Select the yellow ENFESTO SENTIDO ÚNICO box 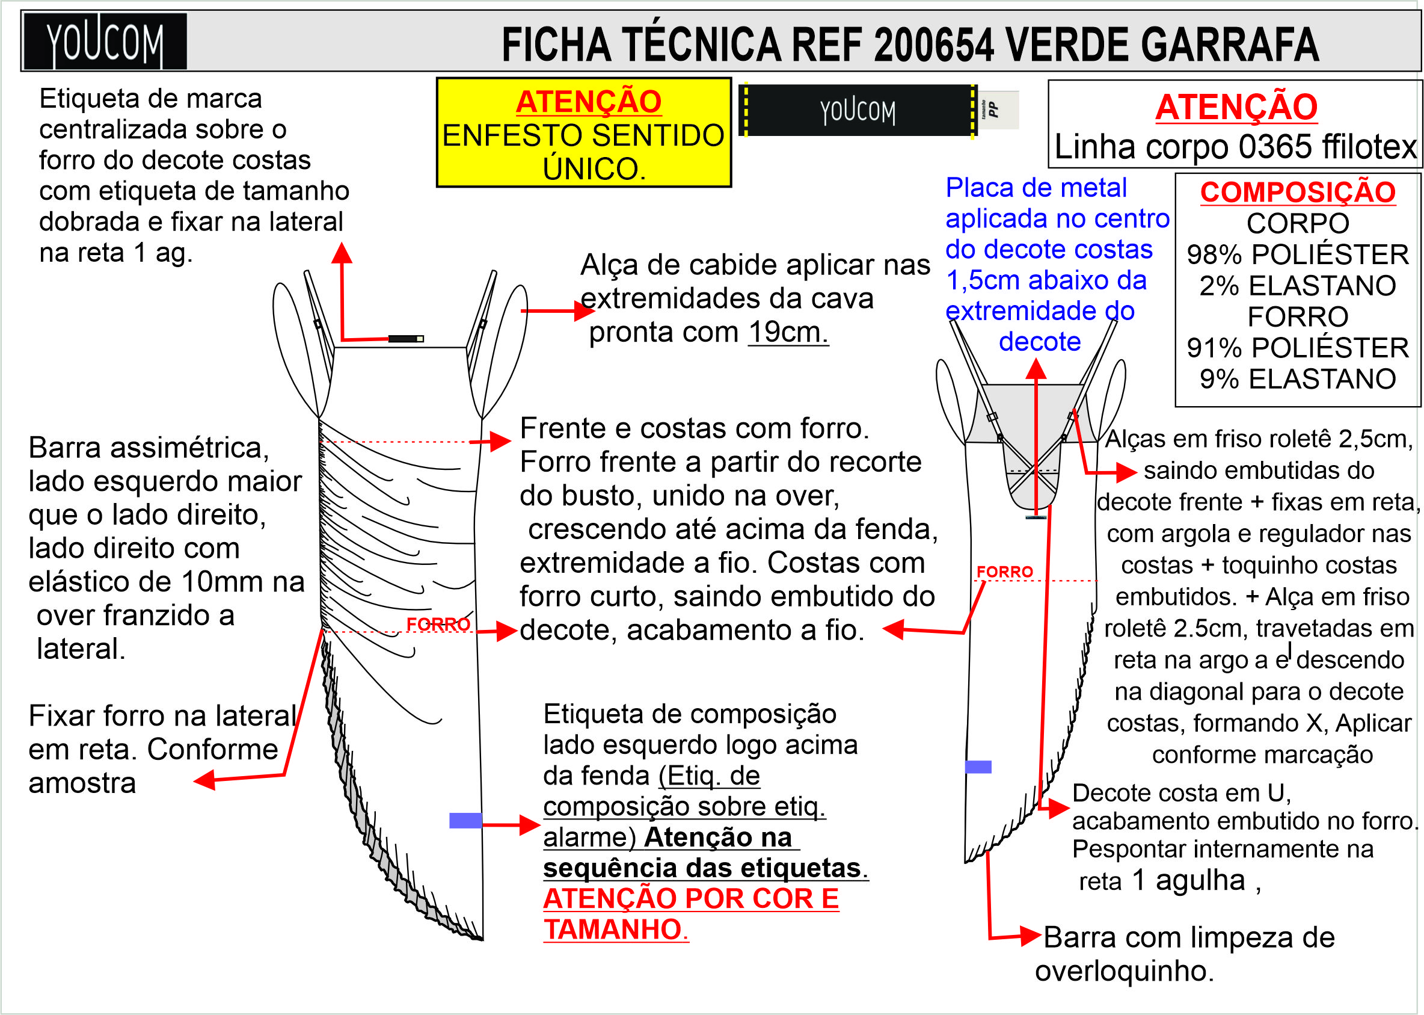pyautogui.click(x=583, y=132)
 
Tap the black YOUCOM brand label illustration pyautogui.click(x=858, y=111)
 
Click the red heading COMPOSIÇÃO pyautogui.click(x=1297, y=192)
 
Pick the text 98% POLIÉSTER pyautogui.click(x=1297, y=255)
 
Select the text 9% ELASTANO pyautogui.click(x=1297, y=379)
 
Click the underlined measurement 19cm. pyautogui.click(x=788, y=332)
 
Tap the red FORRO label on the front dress pyautogui.click(x=438, y=624)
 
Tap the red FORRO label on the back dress pyautogui.click(x=1004, y=571)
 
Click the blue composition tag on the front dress pyautogui.click(x=465, y=821)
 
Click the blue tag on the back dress pyautogui.click(x=978, y=767)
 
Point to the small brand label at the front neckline pyautogui.click(x=406, y=339)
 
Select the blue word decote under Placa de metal pyautogui.click(x=1039, y=342)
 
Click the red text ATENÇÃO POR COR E pyautogui.click(x=691, y=899)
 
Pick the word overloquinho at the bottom pyautogui.click(x=1124, y=970)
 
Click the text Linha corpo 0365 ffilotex pyautogui.click(x=1235, y=147)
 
